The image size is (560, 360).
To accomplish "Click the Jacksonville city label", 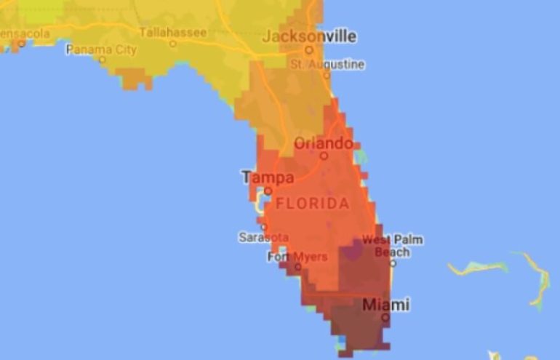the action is point(310,36).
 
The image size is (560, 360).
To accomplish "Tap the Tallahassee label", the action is point(172,32).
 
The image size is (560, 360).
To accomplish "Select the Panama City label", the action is point(101,49).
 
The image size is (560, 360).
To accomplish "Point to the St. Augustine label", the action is point(327,64).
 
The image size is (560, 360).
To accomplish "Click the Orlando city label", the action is point(323,143).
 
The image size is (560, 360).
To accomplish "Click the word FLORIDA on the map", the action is point(312,204).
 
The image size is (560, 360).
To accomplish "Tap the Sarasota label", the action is point(263,237).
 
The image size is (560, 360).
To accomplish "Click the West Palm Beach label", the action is point(393,246).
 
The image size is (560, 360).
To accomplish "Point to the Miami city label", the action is point(385,304).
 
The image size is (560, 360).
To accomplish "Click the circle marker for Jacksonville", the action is point(309,50).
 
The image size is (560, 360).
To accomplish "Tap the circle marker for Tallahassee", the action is point(173,43).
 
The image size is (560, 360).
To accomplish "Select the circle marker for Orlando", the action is point(324,155).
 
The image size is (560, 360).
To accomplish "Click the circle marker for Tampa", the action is point(268,191).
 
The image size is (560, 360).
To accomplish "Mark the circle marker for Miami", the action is point(385,317).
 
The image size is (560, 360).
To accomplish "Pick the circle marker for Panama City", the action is point(103,60).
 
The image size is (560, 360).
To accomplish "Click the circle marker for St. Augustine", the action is point(327,75).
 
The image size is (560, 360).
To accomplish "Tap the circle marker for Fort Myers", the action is point(297,267).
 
